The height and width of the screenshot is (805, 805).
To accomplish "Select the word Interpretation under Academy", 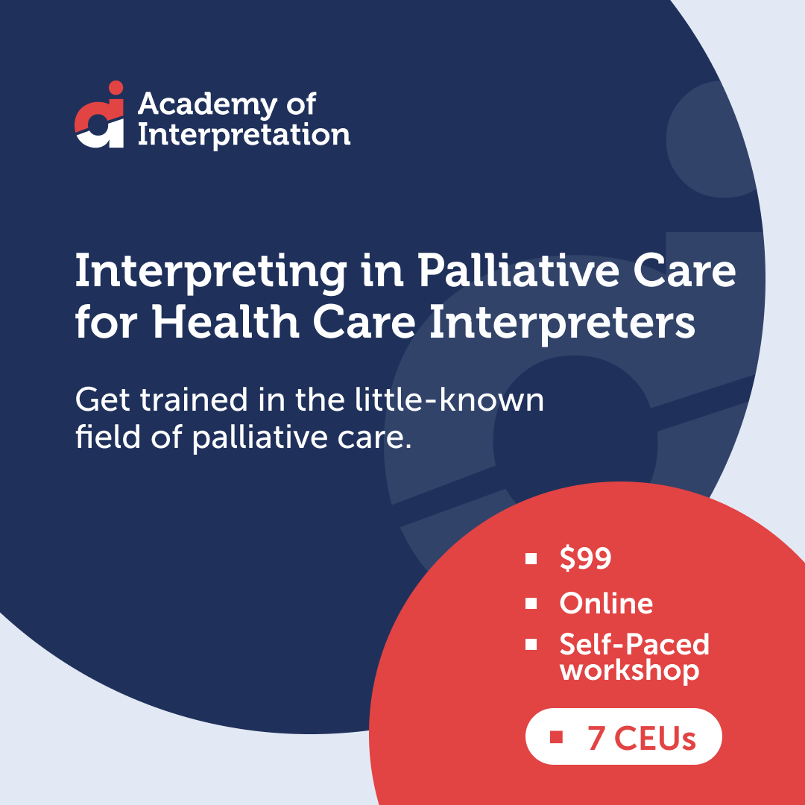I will (244, 135).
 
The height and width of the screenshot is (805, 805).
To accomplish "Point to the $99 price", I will (586, 558).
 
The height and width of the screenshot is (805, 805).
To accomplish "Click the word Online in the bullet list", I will (606, 603).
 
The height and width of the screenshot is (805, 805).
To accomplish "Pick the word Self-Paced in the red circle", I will (634, 644).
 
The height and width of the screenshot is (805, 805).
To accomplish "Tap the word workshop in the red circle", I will (630, 669).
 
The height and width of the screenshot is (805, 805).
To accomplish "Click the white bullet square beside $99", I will (531, 558).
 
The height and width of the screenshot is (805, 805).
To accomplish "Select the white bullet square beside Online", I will (531, 603).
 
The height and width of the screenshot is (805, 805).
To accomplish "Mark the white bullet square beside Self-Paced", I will (531, 644).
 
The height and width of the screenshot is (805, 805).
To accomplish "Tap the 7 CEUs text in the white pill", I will (641, 738).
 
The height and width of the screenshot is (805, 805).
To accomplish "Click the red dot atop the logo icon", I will (115, 87).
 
